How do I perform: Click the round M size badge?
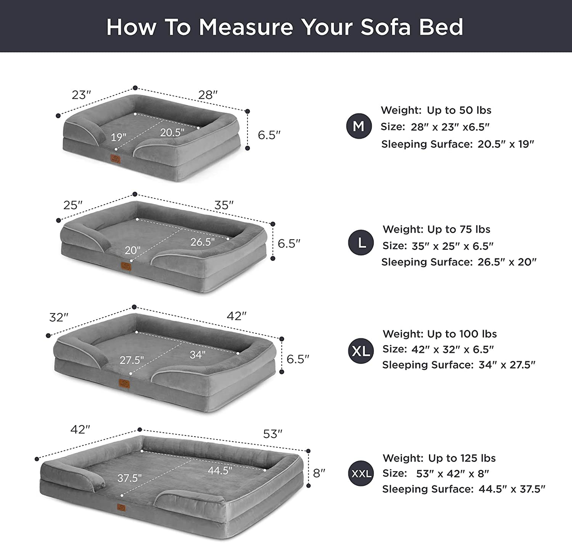click(359, 126)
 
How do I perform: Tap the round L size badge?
click(361, 242)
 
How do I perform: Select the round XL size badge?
click(361, 351)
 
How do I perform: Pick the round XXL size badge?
click(361, 473)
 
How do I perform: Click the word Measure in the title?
click(246, 27)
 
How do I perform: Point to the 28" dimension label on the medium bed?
click(208, 95)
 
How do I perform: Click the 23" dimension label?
click(81, 95)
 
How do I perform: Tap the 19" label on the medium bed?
click(118, 137)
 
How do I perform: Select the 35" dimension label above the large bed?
click(224, 205)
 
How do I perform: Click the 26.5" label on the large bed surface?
click(203, 242)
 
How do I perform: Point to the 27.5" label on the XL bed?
click(132, 360)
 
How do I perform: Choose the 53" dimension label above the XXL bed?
click(273, 434)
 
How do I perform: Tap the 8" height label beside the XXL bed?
click(319, 473)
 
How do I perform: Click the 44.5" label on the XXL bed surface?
click(220, 470)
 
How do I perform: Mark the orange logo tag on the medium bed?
click(116, 159)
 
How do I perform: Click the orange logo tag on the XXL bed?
click(121, 507)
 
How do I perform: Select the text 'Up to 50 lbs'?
click(459, 110)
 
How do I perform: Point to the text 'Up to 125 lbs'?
click(462, 458)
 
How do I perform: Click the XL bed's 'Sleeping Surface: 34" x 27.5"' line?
click(458, 365)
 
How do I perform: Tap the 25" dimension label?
click(73, 205)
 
